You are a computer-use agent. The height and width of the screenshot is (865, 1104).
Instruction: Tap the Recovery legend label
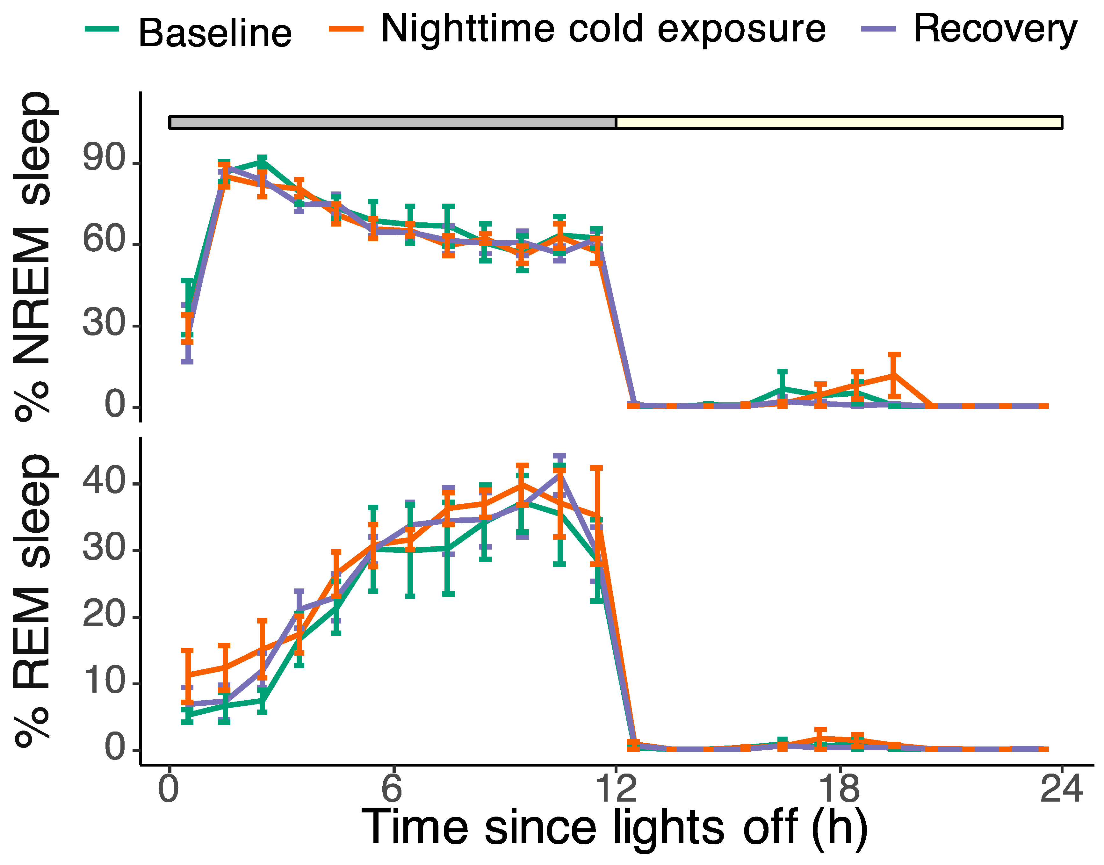(x=995, y=29)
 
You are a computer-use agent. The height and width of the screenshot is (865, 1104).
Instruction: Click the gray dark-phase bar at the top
(x=393, y=123)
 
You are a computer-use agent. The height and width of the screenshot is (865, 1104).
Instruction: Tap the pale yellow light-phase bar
(x=838, y=123)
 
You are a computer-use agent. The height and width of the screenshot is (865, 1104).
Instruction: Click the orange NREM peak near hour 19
(x=894, y=375)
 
